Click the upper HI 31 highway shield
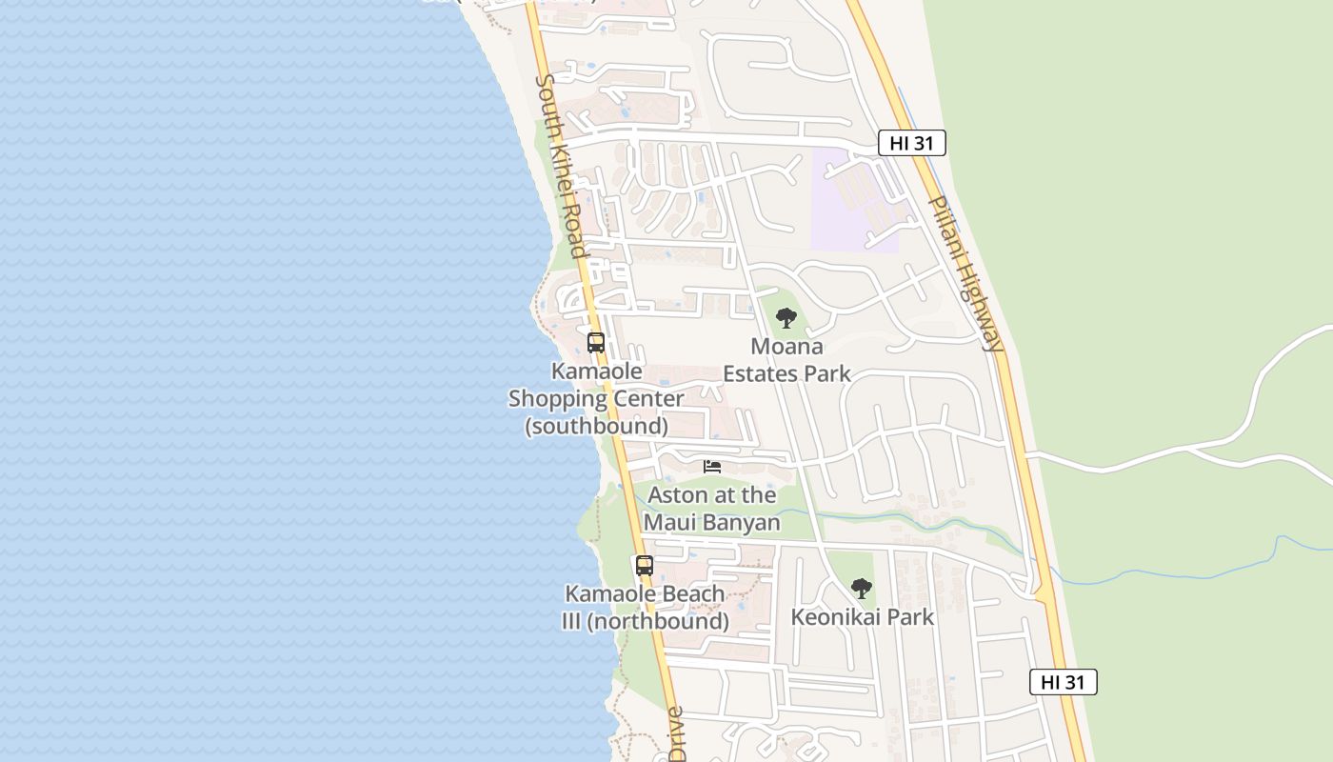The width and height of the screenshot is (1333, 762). point(911,144)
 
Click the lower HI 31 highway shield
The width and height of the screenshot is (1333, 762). point(1063,682)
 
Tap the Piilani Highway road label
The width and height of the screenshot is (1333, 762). point(965,274)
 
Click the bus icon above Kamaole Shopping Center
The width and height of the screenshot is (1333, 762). point(596,343)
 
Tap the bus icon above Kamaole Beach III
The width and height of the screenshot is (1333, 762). point(645,566)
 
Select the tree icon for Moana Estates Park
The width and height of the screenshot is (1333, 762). point(786,318)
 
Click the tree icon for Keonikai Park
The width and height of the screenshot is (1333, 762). point(861,589)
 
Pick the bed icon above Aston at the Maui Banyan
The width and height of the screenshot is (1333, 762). point(712,467)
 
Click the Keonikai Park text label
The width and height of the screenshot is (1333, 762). point(863,617)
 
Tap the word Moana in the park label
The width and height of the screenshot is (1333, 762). point(786,346)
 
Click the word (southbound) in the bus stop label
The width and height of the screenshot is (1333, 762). point(597,426)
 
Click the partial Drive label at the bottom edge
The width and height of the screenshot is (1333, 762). point(676,735)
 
